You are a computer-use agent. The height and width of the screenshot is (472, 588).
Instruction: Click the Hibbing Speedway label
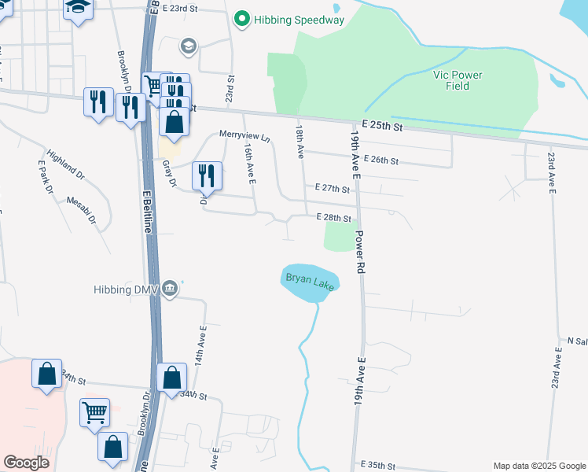tap(299, 20)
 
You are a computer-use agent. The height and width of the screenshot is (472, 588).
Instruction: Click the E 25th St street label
tap(383, 126)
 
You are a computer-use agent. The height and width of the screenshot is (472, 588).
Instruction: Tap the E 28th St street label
tap(333, 217)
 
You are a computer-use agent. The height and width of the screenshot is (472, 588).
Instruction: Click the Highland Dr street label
tap(64, 163)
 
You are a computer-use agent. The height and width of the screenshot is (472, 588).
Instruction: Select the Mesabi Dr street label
tap(80, 211)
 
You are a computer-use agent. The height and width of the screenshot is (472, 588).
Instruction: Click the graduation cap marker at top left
tap(78, 9)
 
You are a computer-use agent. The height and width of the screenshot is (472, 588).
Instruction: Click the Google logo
tap(26, 463)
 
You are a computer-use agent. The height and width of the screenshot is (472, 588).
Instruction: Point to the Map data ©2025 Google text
tap(538, 466)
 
